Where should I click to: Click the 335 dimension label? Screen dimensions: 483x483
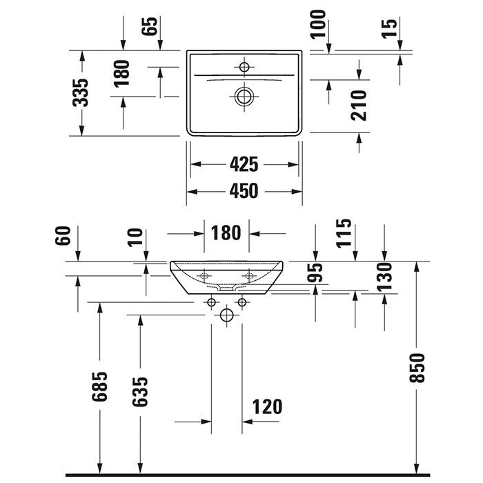click(81, 92)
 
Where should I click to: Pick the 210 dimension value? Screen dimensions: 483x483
click(359, 104)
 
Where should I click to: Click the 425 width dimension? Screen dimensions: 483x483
click(244, 164)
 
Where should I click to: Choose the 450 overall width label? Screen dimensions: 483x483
click(244, 190)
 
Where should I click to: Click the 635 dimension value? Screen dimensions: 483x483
click(140, 393)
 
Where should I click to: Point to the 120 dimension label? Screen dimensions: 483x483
click(268, 406)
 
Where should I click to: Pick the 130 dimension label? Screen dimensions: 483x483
click(384, 276)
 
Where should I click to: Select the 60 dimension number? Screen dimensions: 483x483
click(64, 235)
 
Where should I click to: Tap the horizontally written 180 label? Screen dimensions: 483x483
click(226, 233)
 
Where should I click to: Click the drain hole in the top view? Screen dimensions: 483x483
click(244, 96)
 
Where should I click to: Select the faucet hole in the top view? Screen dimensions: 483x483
click(244, 66)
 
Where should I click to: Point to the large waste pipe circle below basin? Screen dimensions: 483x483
click(226, 316)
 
